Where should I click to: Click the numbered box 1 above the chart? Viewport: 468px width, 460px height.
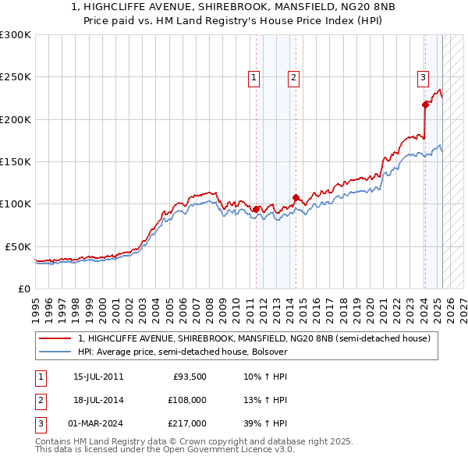254,77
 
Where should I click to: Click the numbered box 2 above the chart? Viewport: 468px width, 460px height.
293,77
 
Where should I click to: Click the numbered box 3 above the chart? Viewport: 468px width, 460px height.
422,77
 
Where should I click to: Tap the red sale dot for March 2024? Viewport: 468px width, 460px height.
425,104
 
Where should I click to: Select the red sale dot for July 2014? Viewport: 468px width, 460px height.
296,197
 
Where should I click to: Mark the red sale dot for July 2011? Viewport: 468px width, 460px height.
256,209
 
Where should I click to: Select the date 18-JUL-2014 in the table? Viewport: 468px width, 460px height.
98,400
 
